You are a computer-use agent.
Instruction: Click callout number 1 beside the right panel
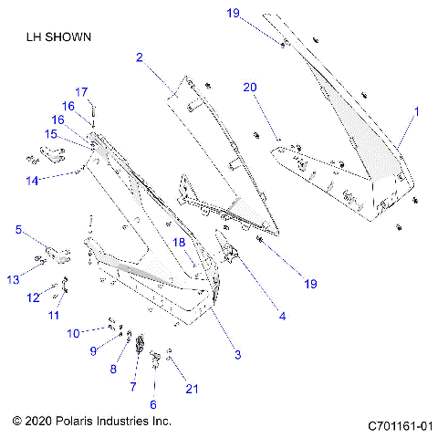[x=417, y=111]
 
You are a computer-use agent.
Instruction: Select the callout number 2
[x=140, y=57]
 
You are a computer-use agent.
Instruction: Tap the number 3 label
[x=237, y=354]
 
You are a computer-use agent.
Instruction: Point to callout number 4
[x=283, y=317]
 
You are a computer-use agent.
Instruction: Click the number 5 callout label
[x=18, y=231]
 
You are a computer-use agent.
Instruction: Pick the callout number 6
[x=152, y=403]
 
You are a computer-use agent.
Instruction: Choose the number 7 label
[x=133, y=387]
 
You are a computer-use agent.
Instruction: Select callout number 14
[x=32, y=181]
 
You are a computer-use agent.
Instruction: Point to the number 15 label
[x=52, y=134]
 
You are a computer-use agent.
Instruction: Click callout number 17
[x=80, y=91]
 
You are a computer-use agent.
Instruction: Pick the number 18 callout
[x=180, y=242]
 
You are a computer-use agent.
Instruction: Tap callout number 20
[x=250, y=88]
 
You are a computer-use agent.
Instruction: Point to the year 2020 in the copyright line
[x=39, y=422]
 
